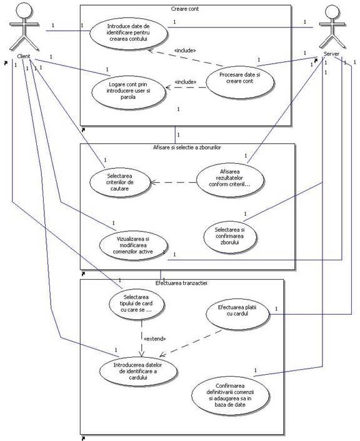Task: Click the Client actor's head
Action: pyautogui.click(x=24, y=9)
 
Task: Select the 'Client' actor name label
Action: pyautogui.click(x=24, y=56)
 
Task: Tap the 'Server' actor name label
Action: pyautogui.click(x=331, y=54)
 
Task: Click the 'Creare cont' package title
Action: pyautogui.click(x=185, y=9)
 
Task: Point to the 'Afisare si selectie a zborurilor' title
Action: pyautogui.click(x=187, y=148)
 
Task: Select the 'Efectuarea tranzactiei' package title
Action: pyautogui.click(x=181, y=283)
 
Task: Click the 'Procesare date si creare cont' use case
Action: pyautogui.click(x=240, y=81)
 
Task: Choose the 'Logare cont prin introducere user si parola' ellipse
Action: pyautogui.click(x=128, y=91)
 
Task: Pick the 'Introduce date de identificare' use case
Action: pyautogui.click(x=128, y=33)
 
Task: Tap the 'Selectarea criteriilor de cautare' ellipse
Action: pyautogui.click(x=120, y=182)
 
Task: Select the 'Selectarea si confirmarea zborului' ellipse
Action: pyautogui.click(x=230, y=236)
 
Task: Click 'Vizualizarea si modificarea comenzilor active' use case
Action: pyautogui.click(x=134, y=245)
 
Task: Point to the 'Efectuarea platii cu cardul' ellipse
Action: pyautogui.click(x=237, y=314)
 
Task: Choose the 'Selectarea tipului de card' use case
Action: pyautogui.click(x=137, y=304)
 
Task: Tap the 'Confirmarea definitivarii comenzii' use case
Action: pyautogui.click(x=230, y=395)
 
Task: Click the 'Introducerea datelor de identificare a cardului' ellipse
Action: pyautogui.click(x=138, y=371)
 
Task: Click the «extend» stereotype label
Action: pyautogui.click(x=154, y=339)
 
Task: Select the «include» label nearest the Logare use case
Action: pyautogui.click(x=186, y=82)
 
